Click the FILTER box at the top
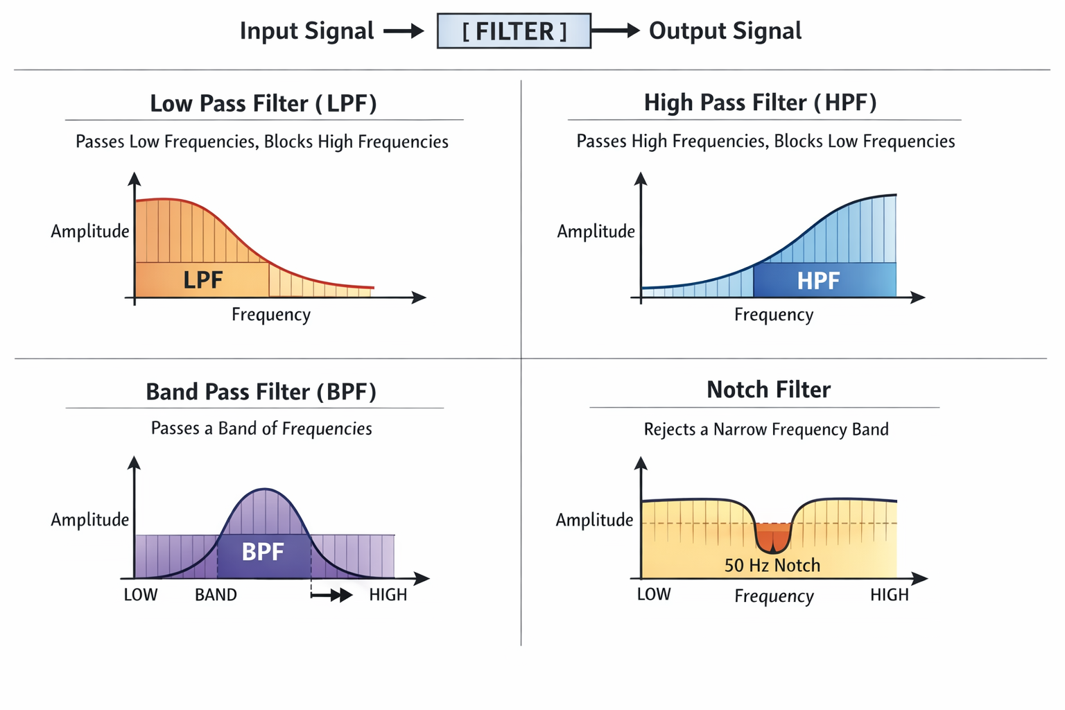click(x=514, y=31)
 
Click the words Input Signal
click(x=306, y=31)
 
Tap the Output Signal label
click(x=725, y=31)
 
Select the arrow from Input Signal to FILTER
click(x=404, y=31)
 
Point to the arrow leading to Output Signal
click(x=616, y=31)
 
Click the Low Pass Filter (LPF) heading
click(x=263, y=103)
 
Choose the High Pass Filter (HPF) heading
click(x=760, y=103)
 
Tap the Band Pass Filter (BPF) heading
click(x=261, y=392)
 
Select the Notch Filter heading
click(x=768, y=390)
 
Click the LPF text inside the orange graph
click(x=202, y=280)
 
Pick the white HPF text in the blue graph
click(x=818, y=281)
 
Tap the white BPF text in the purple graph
click(x=263, y=552)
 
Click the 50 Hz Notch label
click(x=772, y=566)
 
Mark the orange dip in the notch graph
click(x=773, y=537)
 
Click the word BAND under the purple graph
click(x=216, y=595)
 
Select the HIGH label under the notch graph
click(x=889, y=595)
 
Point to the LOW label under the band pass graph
click(x=141, y=595)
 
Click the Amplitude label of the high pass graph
click(x=596, y=232)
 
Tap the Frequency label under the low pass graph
click(x=271, y=315)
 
